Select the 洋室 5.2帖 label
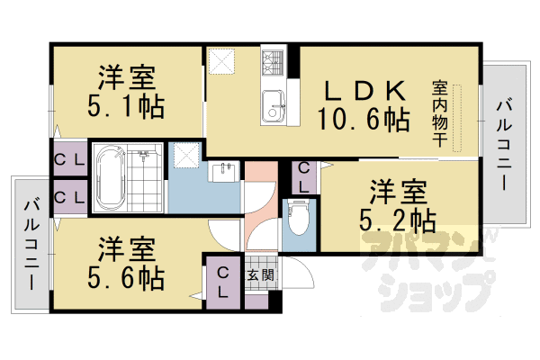tap(397, 205)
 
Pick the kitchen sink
tap(273, 106)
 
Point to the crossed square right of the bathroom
tap(186, 157)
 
